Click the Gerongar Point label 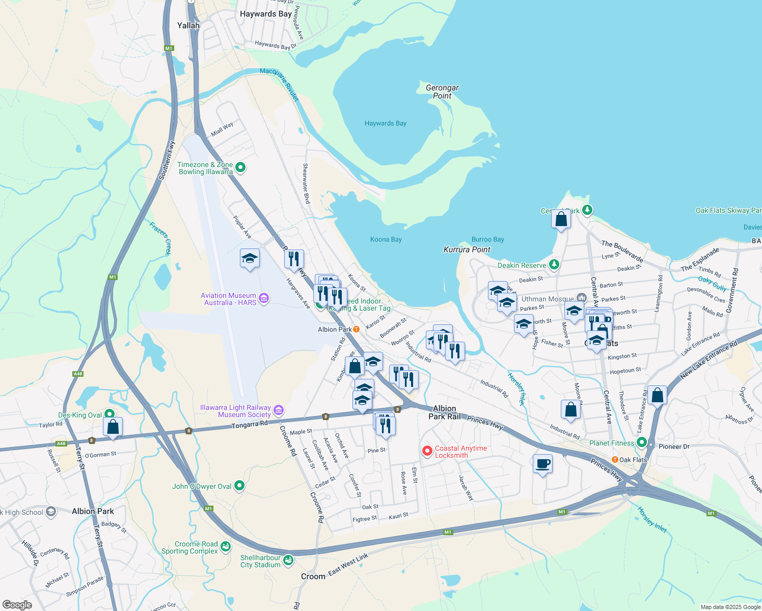442,92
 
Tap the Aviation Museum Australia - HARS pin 264,298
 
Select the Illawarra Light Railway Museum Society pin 278,410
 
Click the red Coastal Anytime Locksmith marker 428,451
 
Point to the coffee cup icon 543,464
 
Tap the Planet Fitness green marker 641,443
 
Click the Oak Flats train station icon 615,460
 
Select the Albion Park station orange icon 357,329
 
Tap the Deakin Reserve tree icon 554,265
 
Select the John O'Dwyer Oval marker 239,486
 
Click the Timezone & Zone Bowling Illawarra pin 240,168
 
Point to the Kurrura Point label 467,249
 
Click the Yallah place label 188,25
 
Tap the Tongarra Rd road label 249,425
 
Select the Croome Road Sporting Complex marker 225,547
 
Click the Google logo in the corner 17,605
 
